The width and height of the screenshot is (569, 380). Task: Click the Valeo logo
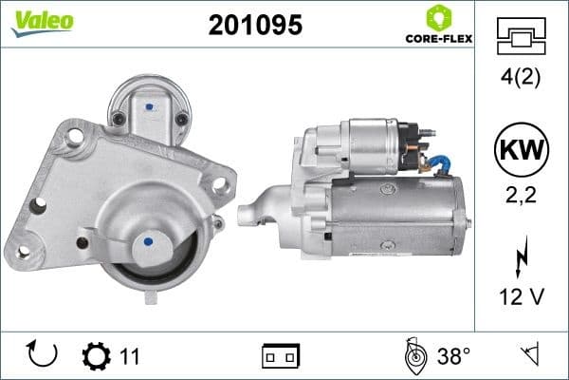[x=42, y=22]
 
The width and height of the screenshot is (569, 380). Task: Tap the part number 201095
[x=255, y=26]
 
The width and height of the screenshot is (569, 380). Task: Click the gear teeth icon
[x=96, y=355]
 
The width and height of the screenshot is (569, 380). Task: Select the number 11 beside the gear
[x=130, y=356]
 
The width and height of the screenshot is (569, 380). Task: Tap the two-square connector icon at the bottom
[x=281, y=356]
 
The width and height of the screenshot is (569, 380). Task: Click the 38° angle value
[x=453, y=356]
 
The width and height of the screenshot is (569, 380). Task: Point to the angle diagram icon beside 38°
[x=413, y=355]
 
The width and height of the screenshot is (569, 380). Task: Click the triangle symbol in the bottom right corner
[x=529, y=354]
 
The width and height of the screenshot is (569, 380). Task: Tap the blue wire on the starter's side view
[x=439, y=164]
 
